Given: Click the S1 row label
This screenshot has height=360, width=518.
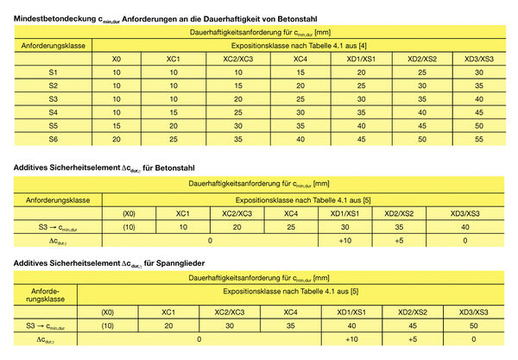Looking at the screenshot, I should (54, 72).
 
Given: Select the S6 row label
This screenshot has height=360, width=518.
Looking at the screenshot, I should (54, 138).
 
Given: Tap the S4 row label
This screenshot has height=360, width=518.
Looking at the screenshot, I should (54, 112).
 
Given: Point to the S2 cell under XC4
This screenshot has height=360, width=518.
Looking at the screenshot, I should (300, 85).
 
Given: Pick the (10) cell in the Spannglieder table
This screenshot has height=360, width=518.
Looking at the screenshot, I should (106, 325).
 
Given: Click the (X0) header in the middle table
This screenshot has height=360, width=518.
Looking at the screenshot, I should (129, 213).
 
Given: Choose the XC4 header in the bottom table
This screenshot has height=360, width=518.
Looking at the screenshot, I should (290, 312).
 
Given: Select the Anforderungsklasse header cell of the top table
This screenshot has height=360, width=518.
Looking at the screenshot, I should (54, 44).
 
